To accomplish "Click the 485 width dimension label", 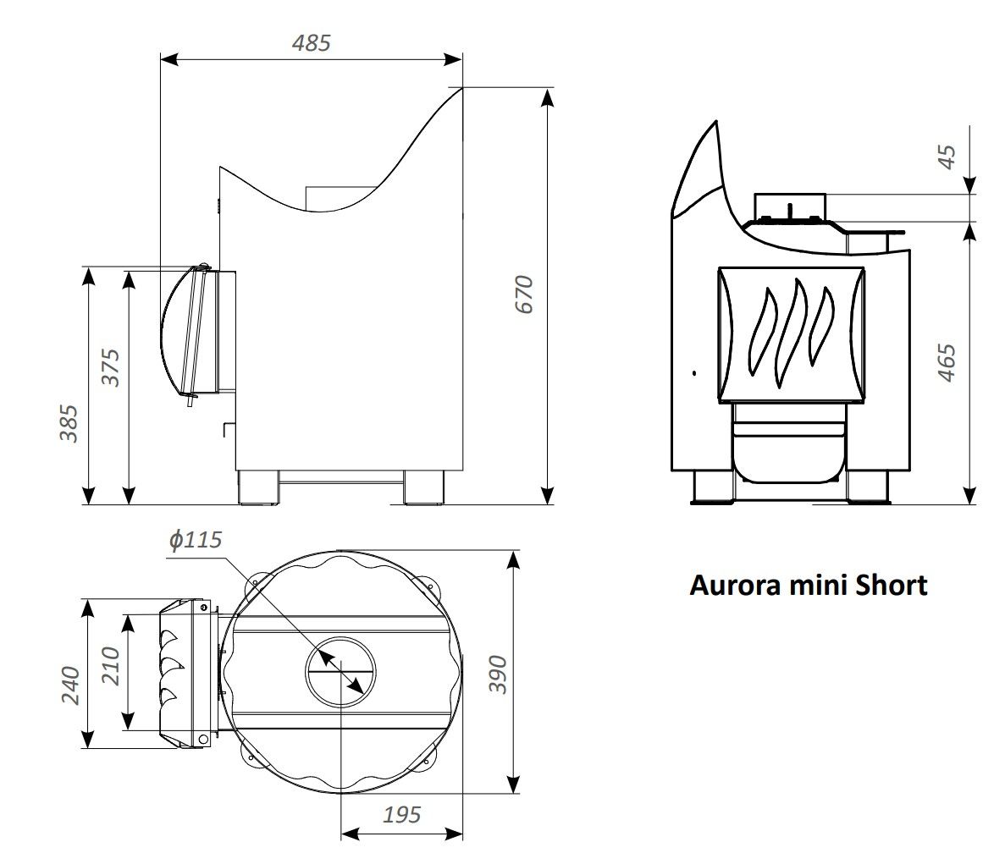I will click(x=311, y=42).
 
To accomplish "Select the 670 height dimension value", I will click(x=525, y=294).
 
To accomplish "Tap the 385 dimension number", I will click(x=69, y=423).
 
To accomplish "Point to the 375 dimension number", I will click(x=110, y=367).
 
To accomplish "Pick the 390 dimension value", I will click(x=499, y=674).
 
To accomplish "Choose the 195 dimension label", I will click(x=401, y=815).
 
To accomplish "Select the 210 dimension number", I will click(x=110, y=665).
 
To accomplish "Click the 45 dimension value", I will click(x=947, y=157).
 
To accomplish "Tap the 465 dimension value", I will click(x=947, y=362).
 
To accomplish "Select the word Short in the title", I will click(x=891, y=585).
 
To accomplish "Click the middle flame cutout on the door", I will click(x=792, y=332).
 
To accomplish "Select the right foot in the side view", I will click(x=423, y=487).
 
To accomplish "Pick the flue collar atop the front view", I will click(x=789, y=207).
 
